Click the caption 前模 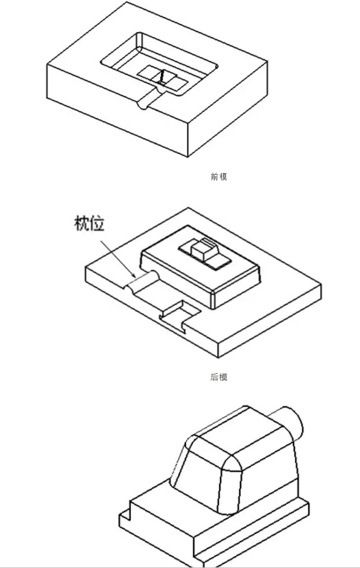click(x=219, y=177)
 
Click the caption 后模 click(x=219, y=377)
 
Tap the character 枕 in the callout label click(x=81, y=223)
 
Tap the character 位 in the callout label click(x=97, y=223)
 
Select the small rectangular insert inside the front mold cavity click(x=163, y=78)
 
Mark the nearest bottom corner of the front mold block click(x=188, y=157)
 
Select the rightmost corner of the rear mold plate click(x=321, y=286)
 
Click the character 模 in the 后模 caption click(x=223, y=377)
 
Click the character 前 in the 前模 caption click(x=214, y=177)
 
